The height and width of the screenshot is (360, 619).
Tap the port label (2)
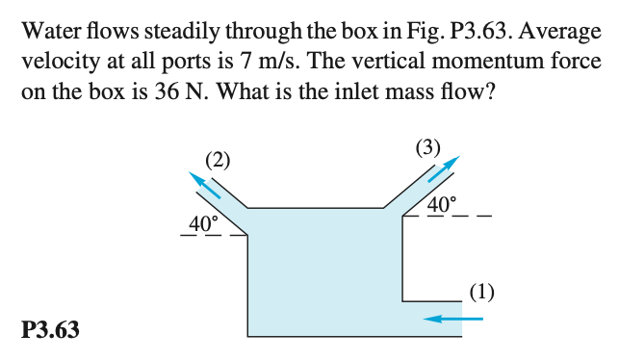(219, 160)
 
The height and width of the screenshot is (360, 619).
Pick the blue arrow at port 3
(442, 170)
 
